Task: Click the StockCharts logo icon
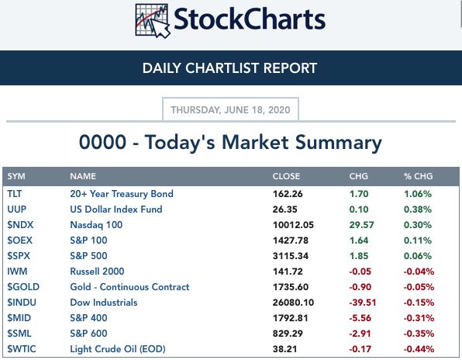(x=153, y=21)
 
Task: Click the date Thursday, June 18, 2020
(x=230, y=110)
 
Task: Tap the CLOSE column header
(x=286, y=176)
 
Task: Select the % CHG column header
(x=418, y=176)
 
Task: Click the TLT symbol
(x=15, y=194)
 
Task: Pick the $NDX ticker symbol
(x=20, y=225)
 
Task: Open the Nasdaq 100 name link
(x=96, y=225)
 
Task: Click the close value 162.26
(x=288, y=194)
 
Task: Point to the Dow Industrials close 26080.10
(x=293, y=303)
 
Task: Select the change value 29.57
(x=361, y=225)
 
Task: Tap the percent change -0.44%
(x=419, y=349)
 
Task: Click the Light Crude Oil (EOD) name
(x=118, y=349)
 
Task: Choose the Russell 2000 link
(x=97, y=272)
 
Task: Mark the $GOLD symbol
(x=23, y=286)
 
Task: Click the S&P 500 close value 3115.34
(x=291, y=255)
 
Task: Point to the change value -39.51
(x=363, y=303)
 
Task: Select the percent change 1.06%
(x=418, y=194)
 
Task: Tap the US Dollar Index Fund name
(x=116, y=209)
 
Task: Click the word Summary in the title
(x=339, y=143)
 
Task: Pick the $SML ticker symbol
(x=19, y=333)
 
